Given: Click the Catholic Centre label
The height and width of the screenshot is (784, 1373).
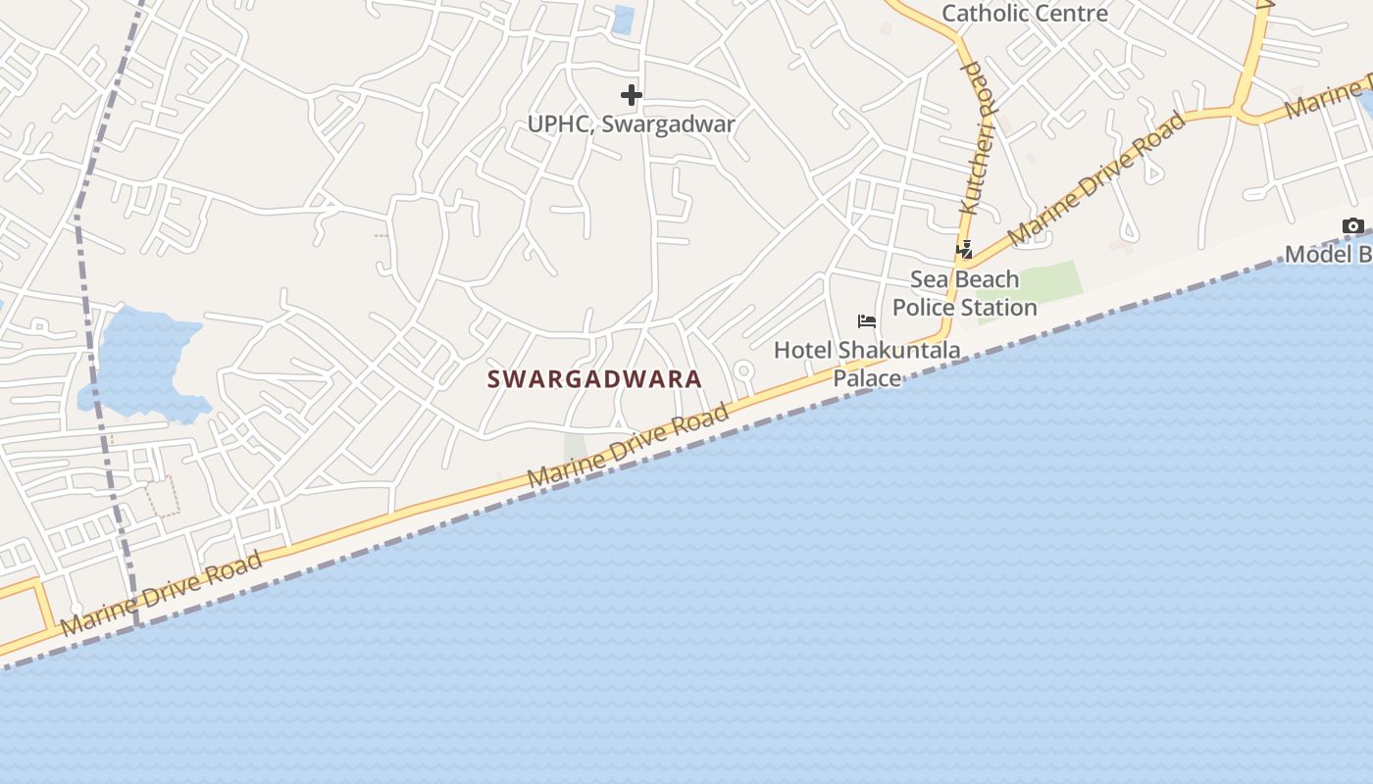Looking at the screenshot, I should pyautogui.click(x=1025, y=14).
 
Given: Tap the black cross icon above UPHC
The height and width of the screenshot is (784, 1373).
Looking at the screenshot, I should pyautogui.click(x=632, y=95).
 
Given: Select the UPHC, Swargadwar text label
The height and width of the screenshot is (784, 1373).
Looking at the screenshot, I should pyautogui.click(x=632, y=124).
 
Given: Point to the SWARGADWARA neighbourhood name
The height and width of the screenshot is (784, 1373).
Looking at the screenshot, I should pyautogui.click(x=595, y=379).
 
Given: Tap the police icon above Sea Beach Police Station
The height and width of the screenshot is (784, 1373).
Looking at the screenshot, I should pyautogui.click(x=965, y=250).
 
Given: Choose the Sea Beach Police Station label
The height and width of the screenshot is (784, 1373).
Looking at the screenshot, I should pyautogui.click(x=964, y=293).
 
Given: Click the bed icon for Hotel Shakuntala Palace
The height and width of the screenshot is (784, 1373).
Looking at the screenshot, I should pyautogui.click(x=866, y=321).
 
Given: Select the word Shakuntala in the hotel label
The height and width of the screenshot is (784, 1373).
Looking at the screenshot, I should pyautogui.click(x=897, y=350).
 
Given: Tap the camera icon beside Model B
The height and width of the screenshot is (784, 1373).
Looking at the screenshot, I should pyautogui.click(x=1352, y=226).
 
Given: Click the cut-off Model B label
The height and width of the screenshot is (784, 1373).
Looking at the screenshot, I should pyautogui.click(x=1329, y=255).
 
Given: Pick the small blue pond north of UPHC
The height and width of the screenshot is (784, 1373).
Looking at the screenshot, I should pyautogui.click(x=623, y=21).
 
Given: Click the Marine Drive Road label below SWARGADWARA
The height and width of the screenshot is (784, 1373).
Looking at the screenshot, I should pyautogui.click(x=629, y=446).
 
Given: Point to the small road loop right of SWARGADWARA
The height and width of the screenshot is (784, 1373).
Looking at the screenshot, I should pyautogui.click(x=743, y=371).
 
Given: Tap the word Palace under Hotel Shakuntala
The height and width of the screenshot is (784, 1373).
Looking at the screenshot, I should pyautogui.click(x=867, y=378).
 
